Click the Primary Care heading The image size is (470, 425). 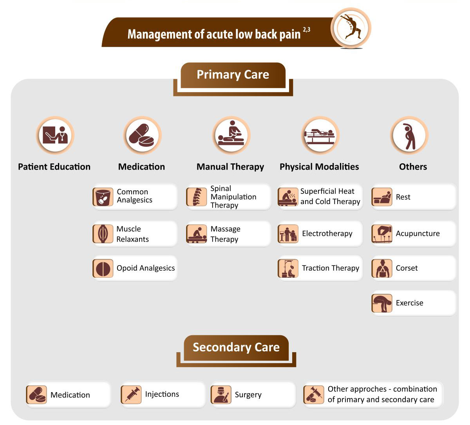[233, 75]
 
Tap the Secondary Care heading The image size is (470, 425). [236, 347]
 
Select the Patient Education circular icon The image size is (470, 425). [55, 136]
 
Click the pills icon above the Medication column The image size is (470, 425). [143, 136]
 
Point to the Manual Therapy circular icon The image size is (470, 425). [231, 136]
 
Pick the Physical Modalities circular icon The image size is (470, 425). [320, 136]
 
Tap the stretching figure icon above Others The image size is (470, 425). [409, 136]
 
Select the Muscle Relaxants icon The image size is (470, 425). [103, 234]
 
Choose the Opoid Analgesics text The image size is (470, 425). [146, 268]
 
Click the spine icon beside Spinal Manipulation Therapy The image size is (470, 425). [197, 197]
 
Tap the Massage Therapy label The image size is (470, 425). [225, 234]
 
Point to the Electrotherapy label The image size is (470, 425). [327, 234]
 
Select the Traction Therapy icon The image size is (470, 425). [288, 268]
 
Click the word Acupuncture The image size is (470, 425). [418, 234]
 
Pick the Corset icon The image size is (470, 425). [382, 268]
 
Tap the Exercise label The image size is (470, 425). [409, 303]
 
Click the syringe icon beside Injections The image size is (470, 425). [131, 394]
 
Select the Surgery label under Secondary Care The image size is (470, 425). [248, 395]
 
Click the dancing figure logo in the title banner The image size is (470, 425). [351, 28]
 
